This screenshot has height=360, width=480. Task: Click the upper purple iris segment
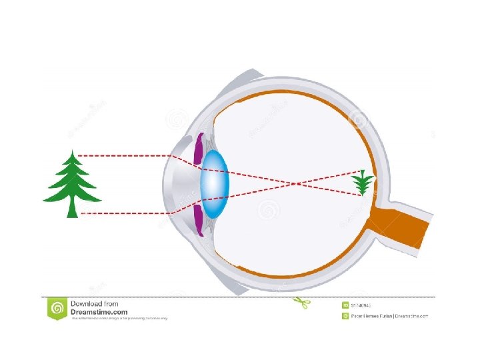pyautogui.click(x=198, y=151)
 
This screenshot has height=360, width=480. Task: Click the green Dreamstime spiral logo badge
pyautogui.click(x=57, y=308)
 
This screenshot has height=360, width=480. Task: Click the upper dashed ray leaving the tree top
pyautogui.click(x=127, y=155)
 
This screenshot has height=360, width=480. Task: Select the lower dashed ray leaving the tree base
pyautogui.click(x=127, y=213)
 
